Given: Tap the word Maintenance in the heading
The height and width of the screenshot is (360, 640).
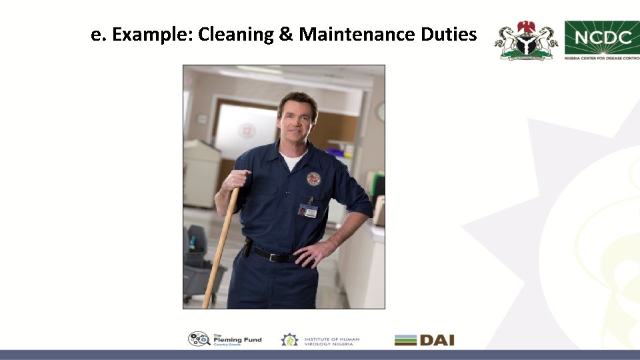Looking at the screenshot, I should (x=357, y=35).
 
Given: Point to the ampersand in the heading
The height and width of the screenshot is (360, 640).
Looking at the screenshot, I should (x=286, y=35).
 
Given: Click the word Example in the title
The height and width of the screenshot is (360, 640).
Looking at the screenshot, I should (x=152, y=35).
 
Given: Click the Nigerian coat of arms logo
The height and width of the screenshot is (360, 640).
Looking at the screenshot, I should (x=526, y=40).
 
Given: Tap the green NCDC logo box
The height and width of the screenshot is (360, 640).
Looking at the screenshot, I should (x=601, y=37).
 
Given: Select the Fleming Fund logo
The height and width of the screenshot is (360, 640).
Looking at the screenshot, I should (x=225, y=339).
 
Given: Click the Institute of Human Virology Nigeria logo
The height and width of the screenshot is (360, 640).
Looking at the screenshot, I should (x=320, y=340).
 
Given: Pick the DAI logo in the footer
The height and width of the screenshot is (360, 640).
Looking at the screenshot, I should (x=424, y=340).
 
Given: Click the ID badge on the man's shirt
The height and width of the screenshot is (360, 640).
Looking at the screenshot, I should (x=307, y=211).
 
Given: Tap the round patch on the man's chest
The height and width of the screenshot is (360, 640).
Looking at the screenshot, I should (x=313, y=179).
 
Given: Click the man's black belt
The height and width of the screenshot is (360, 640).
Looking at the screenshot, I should (x=274, y=255).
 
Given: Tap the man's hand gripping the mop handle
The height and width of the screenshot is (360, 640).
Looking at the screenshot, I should (x=236, y=180).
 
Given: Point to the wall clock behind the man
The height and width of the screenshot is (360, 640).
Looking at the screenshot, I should (x=381, y=111).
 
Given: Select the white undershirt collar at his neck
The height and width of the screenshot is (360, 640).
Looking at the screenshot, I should (x=291, y=161).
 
